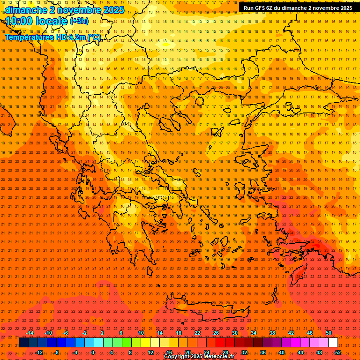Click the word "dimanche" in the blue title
(x=25, y=10)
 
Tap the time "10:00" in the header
(x=22, y=21)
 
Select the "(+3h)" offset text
(x=79, y=21)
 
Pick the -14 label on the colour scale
(x=30, y=333)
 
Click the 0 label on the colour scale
(x=93, y=352)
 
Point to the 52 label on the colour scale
(x=338, y=352)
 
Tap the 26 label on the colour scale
(x=216, y=333)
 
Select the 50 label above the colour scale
(x=328, y=333)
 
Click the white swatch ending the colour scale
(x=333, y=343)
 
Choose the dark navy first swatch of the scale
(x=23, y=343)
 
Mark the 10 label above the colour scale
(x=141, y=333)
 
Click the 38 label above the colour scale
(x=272, y=333)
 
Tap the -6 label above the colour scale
(x=66, y=333)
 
